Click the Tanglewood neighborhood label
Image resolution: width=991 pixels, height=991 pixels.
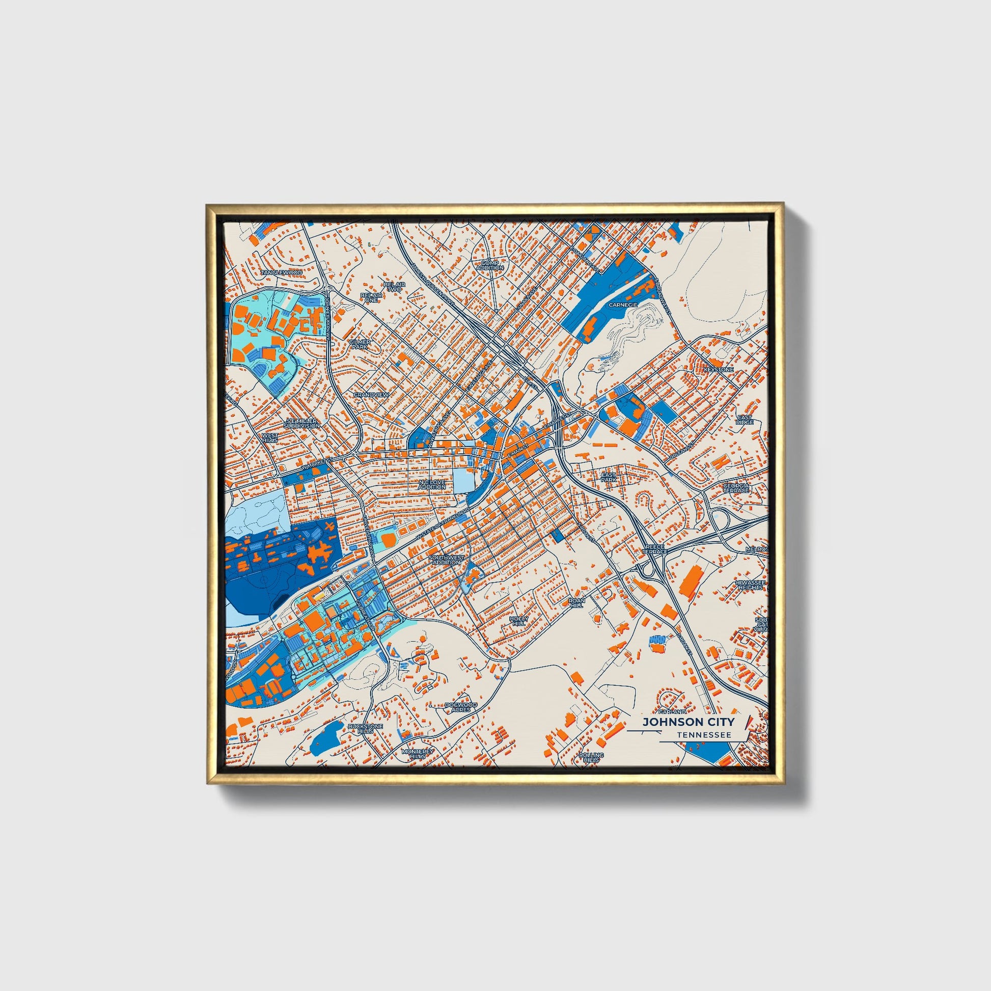(x=282, y=272)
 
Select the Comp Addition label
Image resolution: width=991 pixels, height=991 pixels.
(x=490, y=265)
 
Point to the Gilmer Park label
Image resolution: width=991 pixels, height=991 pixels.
(x=360, y=344)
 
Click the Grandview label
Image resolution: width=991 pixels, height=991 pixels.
(x=371, y=395)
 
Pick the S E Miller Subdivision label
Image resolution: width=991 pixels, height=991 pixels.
(x=302, y=423)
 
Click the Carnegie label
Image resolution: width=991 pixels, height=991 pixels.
(x=623, y=305)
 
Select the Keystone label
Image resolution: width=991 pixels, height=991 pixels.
(x=719, y=369)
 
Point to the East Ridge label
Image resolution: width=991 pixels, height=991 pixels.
(x=745, y=420)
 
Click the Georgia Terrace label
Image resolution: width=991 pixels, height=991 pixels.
(x=736, y=487)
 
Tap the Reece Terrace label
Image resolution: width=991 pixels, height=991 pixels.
(x=655, y=549)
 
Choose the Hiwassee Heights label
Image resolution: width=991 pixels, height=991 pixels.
(x=750, y=585)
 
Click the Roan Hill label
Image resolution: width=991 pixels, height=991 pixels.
(x=576, y=602)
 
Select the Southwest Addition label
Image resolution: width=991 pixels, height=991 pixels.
(x=447, y=560)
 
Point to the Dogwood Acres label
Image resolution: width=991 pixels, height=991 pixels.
(x=461, y=707)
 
